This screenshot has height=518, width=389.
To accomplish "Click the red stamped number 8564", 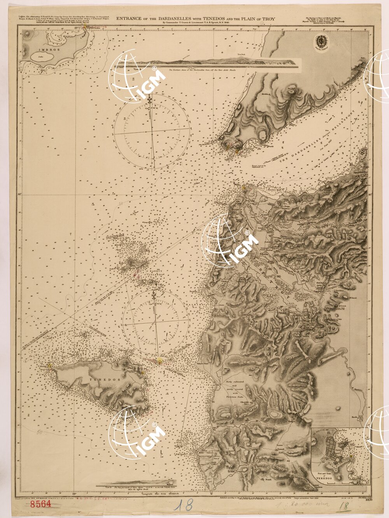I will (x=40, y=505).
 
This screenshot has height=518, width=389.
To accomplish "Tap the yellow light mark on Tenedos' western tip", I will (x=49, y=365).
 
